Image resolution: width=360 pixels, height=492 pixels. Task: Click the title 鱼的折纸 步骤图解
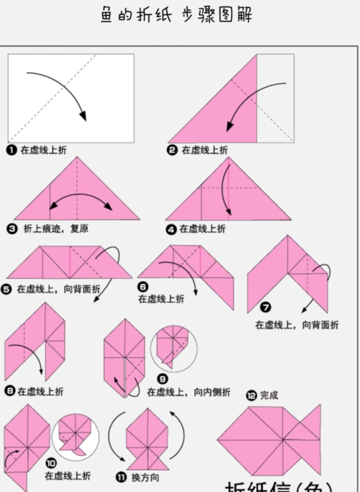point(179,15)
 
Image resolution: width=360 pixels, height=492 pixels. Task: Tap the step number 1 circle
point(12,150)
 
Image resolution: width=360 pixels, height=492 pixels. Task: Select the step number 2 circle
point(173,150)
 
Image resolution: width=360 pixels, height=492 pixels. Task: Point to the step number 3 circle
point(12,229)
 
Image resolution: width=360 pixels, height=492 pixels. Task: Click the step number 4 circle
point(171,229)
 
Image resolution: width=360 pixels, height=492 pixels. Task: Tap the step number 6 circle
point(143,286)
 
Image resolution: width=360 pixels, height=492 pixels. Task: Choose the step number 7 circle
point(266,308)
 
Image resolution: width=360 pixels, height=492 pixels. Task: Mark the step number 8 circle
point(10,391)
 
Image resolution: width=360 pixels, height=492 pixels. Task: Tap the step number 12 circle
point(251,395)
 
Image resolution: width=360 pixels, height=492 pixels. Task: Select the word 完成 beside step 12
point(269,395)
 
